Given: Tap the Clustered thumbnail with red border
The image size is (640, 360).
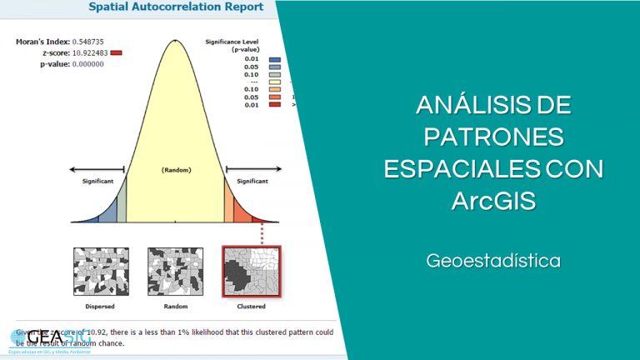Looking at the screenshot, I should tap(252, 271).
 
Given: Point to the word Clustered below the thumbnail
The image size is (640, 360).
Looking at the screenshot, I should tap(252, 306).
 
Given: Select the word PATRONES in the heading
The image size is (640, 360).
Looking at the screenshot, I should tap(493, 137).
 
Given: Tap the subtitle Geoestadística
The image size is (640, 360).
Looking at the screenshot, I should tap(493, 261).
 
